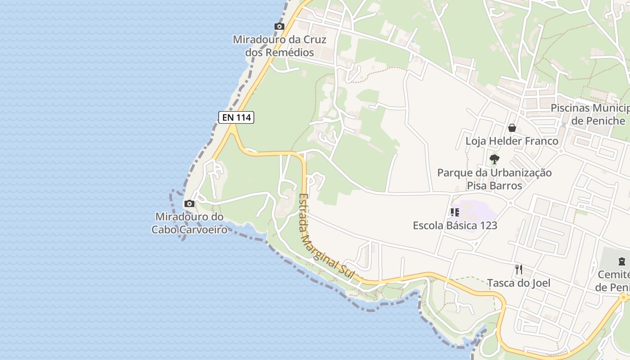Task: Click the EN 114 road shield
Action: [x=236, y=117]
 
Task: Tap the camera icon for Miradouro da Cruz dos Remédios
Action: [x=279, y=27]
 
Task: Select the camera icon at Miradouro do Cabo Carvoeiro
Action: [x=189, y=204]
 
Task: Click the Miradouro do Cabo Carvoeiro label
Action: [x=189, y=223]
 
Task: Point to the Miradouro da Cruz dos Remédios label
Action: [x=279, y=46]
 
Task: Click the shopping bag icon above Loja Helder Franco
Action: [x=512, y=128]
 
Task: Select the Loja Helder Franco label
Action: [x=512, y=141]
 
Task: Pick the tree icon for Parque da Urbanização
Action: [x=494, y=159]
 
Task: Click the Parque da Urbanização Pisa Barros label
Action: [x=494, y=179]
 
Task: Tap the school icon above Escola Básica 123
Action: [x=454, y=212]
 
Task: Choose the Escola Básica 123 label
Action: [x=455, y=225]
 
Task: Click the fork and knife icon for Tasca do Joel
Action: [x=519, y=270]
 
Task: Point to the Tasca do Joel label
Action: [x=519, y=283]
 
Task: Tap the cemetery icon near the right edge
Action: [x=621, y=261]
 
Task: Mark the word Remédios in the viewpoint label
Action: [x=289, y=52]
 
